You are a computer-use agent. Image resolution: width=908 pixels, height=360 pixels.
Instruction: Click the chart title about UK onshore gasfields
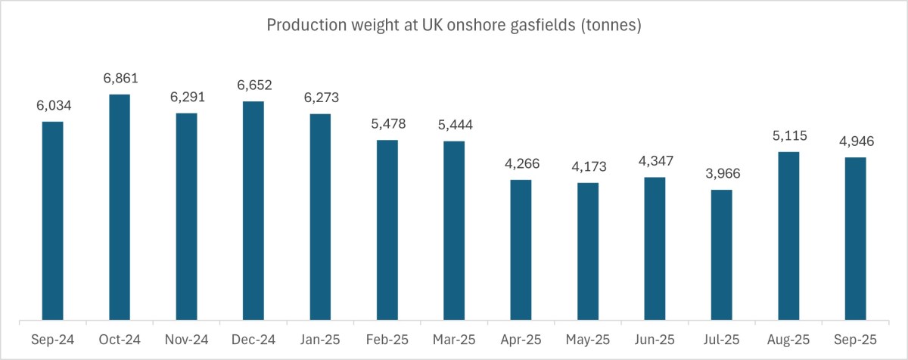(454, 26)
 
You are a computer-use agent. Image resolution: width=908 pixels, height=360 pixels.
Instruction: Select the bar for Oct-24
(120, 207)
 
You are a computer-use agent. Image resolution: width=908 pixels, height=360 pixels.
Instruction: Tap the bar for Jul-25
(722, 255)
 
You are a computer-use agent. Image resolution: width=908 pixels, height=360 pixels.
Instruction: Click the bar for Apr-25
(521, 250)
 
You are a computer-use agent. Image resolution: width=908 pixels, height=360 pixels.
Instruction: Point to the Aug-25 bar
(788, 236)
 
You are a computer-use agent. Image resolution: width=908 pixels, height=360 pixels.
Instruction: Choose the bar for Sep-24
(53, 221)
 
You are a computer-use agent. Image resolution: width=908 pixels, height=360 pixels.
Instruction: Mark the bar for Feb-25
(387, 230)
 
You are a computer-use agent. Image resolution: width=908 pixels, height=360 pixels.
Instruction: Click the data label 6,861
(120, 79)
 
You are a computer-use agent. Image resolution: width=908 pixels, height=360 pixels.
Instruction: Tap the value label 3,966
(722, 174)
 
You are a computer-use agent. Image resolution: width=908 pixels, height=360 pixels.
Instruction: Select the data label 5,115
(788, 136)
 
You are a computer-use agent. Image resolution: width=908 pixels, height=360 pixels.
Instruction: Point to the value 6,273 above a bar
(320, 98)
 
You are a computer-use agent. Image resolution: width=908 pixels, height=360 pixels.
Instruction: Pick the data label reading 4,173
(588, 167)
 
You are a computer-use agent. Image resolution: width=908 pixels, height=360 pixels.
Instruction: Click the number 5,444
(454, 126)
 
